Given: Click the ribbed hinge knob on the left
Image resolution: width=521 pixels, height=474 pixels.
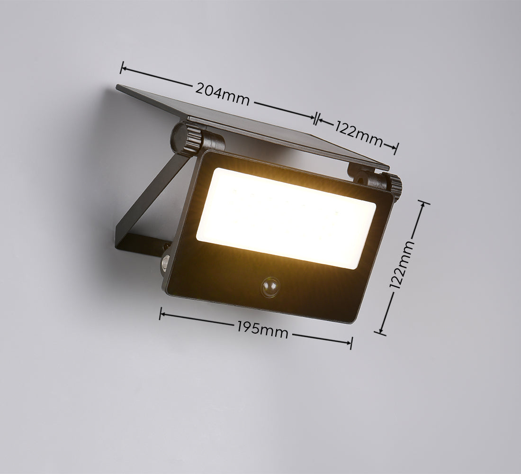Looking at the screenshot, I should pos(187,138).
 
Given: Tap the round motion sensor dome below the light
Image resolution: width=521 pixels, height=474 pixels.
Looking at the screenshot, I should pos(270,287).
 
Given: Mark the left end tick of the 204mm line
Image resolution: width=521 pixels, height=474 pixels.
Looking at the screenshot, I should pos(122,68).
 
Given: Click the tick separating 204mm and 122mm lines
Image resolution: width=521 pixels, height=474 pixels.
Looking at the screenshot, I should pos(316,118).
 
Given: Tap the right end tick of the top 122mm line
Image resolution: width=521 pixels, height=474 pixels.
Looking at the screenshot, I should pos(396,149).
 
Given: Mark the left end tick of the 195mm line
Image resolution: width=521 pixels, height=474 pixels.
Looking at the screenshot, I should pos(161,313).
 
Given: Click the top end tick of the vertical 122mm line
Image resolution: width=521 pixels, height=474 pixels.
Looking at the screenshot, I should pos(422,203).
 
